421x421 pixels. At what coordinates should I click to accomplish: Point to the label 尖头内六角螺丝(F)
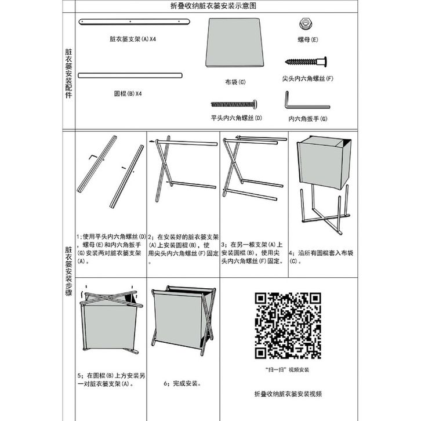307,78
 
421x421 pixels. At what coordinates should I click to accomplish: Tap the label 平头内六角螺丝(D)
236,118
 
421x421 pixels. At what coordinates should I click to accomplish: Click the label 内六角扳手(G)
307,118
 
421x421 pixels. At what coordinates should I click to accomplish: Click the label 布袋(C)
235,82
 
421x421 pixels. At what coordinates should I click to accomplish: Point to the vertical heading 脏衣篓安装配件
68,72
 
